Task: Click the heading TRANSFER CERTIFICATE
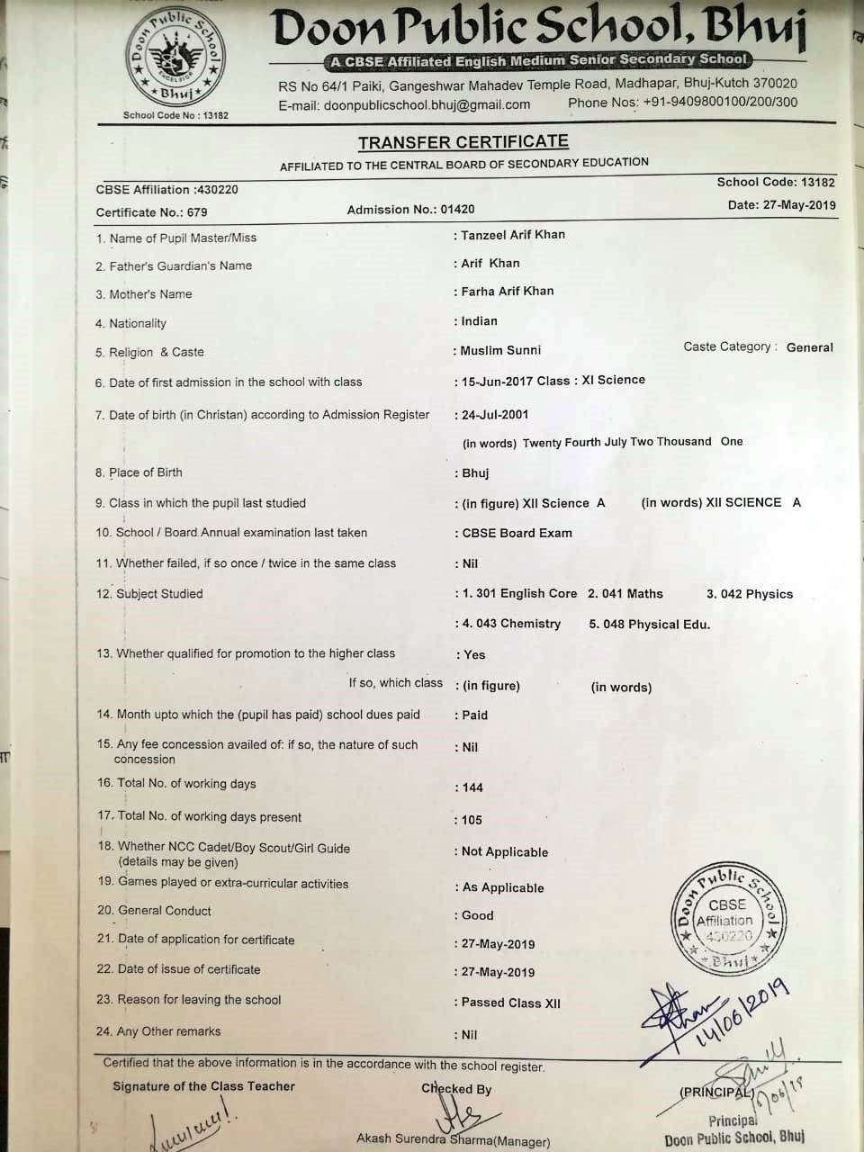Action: [x=463, y=142]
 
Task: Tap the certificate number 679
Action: [x=197, y=212]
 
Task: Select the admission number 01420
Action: [x=457, y=210]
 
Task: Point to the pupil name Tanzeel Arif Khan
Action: [x=513, y=235]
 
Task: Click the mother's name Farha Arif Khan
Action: [x=508, y=292]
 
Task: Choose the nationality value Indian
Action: [x=479, y=321]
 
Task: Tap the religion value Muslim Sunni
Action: [x=500, y=350]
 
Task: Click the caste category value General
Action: [x=809, y=347]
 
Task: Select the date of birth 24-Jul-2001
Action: [x=495, y=415]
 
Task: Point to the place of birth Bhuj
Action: [x=475, y=473]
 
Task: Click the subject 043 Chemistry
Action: [x=511, y=624]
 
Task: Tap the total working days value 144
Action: [x=472, y=787]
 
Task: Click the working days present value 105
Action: [x=472, y=820]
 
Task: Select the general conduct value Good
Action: [x=478, y=915]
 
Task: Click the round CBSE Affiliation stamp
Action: [x=727, y=918]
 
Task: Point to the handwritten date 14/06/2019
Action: [x=742, y=1012]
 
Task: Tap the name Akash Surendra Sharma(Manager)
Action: [x=453, y=1139]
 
